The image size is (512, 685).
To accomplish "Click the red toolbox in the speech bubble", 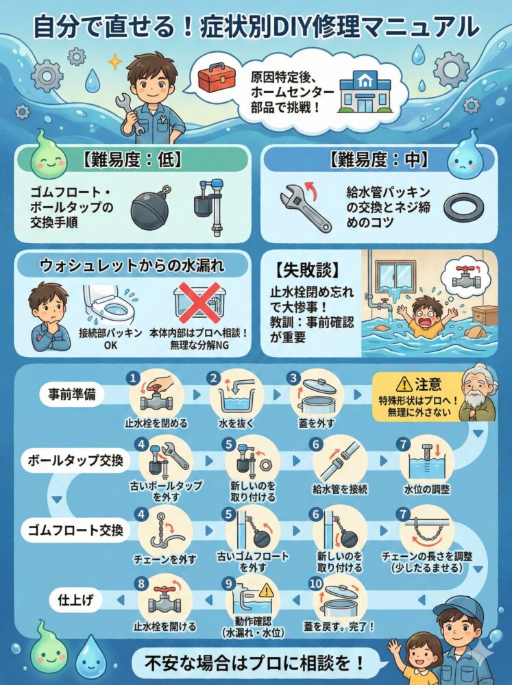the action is point(215,78).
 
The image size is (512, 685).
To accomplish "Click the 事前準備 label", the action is point(72,394).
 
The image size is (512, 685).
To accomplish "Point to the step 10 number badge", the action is point(316,584).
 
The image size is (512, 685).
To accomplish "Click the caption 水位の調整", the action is point(427,489).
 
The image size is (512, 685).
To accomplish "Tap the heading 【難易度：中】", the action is point(378,160).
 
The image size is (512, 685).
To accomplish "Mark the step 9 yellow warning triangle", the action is point(266,591).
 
